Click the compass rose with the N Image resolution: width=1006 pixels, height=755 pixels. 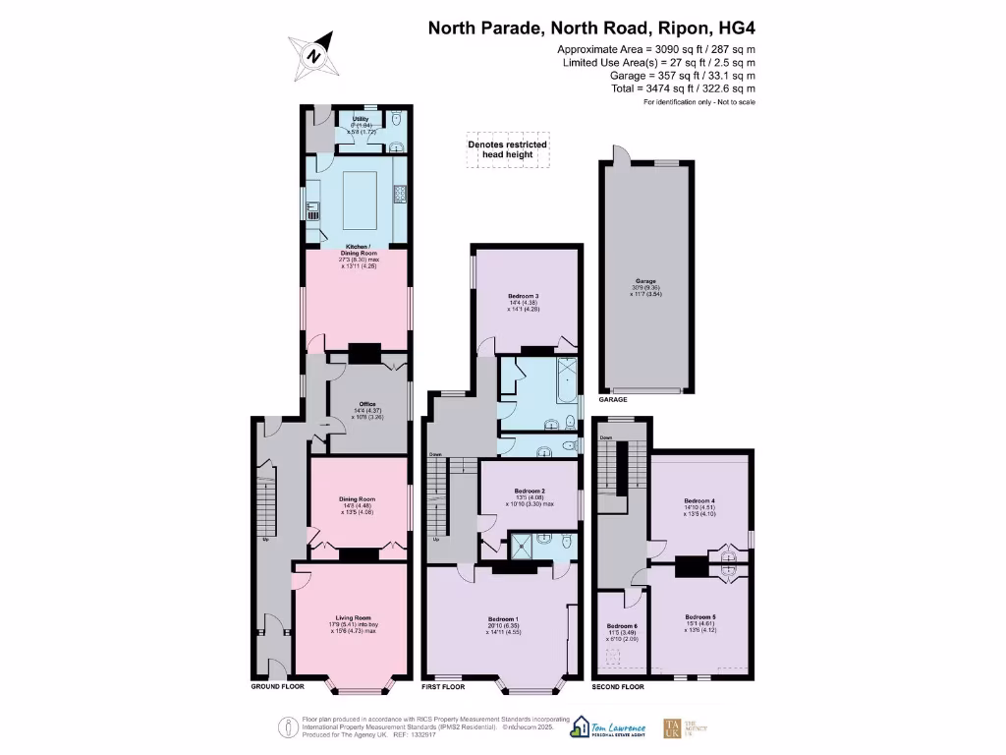[x=313, y=55]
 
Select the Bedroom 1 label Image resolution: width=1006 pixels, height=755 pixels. [x=502, y=619]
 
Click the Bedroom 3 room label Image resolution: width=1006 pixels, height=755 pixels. [x=525, y=296]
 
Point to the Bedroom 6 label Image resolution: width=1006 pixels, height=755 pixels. [x=621, y=626]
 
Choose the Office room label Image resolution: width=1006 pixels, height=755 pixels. [x=367, y=404]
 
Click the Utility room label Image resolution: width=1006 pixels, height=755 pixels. [x=361, y=119]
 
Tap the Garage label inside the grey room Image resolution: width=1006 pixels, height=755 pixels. [x=645, y=281]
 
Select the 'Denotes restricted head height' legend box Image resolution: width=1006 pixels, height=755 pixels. [x=507, y=149]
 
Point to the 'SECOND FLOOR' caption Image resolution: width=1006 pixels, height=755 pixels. [x=620, y=687]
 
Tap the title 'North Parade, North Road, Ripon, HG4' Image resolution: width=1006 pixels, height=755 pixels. [x=591, y=28]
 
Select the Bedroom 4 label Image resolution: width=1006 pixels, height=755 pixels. [x=699, y=500]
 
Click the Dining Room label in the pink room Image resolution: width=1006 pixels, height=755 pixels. [x=356, y=499]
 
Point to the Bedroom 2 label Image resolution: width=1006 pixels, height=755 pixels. [x=529, y=491]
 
